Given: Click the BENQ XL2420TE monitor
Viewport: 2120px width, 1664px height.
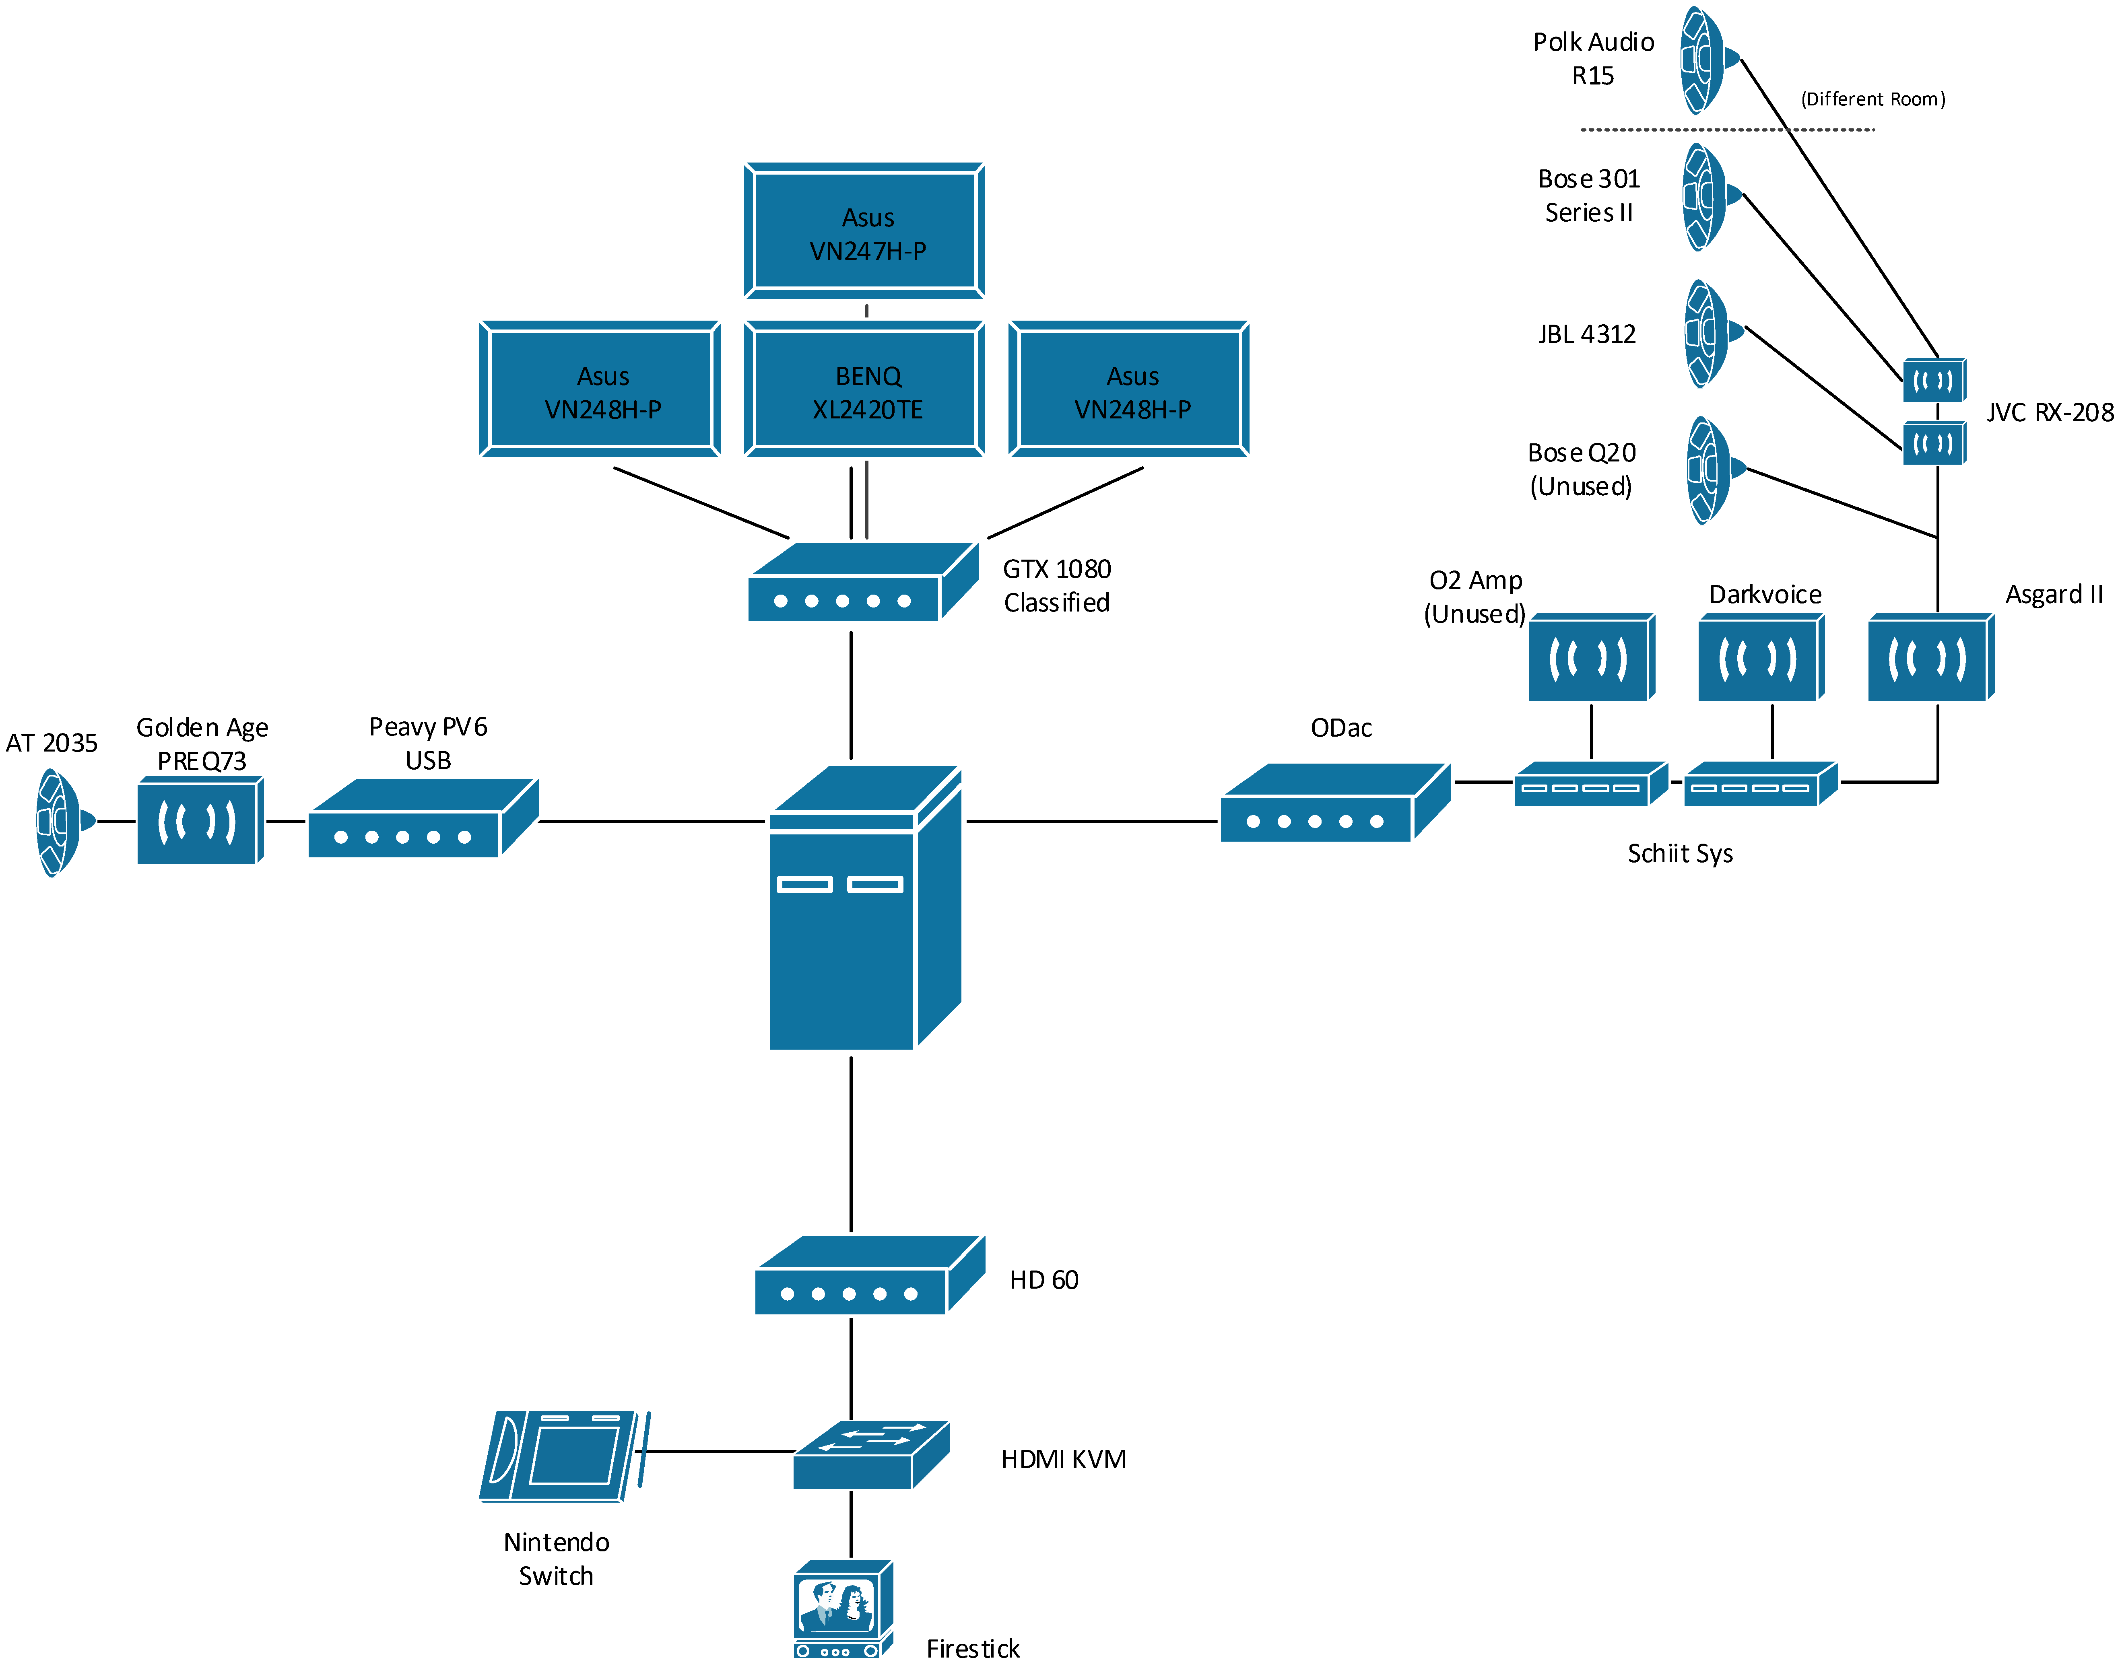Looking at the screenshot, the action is coord(864,388).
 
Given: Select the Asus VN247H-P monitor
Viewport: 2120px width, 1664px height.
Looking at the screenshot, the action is coord(864,230).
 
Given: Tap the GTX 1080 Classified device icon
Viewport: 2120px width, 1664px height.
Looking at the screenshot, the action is coord(863,582).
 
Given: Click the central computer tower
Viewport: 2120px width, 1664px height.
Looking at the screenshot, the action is coord(865,907).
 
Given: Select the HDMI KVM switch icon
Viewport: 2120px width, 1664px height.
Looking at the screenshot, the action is coord(871,1454).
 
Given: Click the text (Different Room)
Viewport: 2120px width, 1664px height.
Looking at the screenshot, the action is coord(1873,99).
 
